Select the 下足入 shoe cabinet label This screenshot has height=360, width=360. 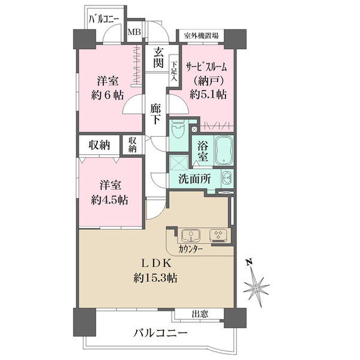[x=174, y=70]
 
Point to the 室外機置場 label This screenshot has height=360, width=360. [x=200, y=35]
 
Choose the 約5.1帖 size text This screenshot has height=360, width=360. [x=208, y=94]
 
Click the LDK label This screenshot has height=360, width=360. [x=157, y=264]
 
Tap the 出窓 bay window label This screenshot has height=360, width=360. [x=200, y=313]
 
